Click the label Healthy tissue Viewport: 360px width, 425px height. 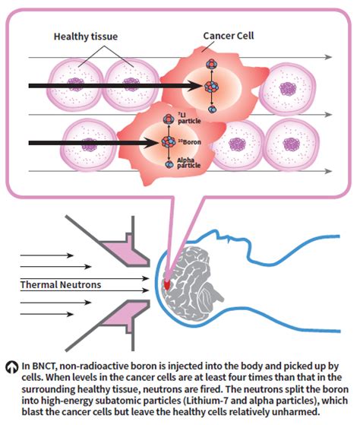(86, 36)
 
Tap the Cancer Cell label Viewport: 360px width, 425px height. (229, 36)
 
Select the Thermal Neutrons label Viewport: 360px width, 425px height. (61, 284)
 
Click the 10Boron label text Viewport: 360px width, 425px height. (189, 141)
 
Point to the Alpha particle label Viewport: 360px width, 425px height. (188, 163)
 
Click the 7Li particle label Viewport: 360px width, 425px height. (189, 118)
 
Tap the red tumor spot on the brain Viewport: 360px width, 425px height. (167, 284)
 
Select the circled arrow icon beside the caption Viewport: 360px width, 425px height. (11, 367)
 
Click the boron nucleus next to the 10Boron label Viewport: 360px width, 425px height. (169, 141)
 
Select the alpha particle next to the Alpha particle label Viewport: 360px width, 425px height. (169, 164)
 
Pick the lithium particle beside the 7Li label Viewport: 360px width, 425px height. (169, 119)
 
